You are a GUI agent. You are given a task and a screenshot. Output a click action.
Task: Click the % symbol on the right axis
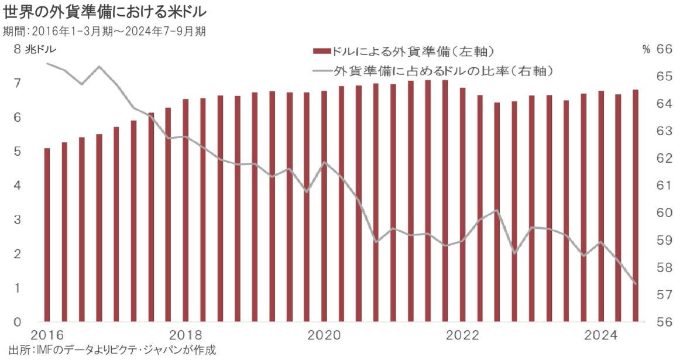tap(647, 50)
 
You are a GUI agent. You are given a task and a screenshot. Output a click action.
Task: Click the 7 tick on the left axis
tap(18, 83)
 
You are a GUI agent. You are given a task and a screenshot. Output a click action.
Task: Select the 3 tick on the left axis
tap(18, 220)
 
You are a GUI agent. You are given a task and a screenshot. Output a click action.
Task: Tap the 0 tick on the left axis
tap(18, 322)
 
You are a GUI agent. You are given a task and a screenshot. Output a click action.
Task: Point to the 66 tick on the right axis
tap(664, 50)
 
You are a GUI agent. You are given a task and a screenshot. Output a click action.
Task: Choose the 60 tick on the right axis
tap(664, 213)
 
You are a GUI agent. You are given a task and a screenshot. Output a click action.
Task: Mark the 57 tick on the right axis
tap(664, 295)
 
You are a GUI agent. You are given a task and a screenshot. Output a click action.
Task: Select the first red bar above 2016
tap(47, 234)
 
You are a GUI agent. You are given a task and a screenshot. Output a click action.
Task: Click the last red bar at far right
tap(636, 205)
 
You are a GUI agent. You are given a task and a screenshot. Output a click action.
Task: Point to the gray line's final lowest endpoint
tap(636, 283)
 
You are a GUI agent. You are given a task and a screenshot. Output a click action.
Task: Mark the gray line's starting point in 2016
tap(47, 63)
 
